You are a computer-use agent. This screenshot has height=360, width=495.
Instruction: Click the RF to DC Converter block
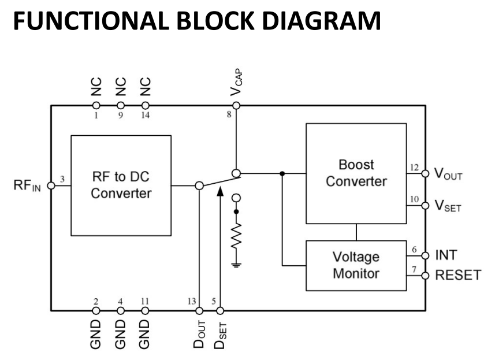[x=121, y=185]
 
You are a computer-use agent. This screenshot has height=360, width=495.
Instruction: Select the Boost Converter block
[x=356, y=173]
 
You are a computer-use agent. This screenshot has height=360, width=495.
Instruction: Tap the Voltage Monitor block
[x=356, y=265]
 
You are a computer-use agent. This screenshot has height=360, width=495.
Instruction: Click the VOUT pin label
[x=448, y=173]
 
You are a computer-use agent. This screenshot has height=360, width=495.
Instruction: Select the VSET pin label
[x=448, y=206]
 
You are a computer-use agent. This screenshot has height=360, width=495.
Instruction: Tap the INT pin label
[x=446, y=255]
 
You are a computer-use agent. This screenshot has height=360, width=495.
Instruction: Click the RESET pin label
[x=457, y=275]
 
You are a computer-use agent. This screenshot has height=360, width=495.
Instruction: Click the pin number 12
[x=414, y=168]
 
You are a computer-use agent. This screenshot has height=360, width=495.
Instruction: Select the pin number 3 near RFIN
[x=62, y=180]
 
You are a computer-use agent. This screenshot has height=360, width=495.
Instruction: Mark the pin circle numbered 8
[x=236, y=106]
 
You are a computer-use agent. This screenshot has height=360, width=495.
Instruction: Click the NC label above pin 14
[x=146, y=87]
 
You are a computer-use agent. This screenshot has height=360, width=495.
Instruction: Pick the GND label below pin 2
[x=96, y=333]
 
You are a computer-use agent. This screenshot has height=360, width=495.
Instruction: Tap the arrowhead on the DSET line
[x=219, y=192]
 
